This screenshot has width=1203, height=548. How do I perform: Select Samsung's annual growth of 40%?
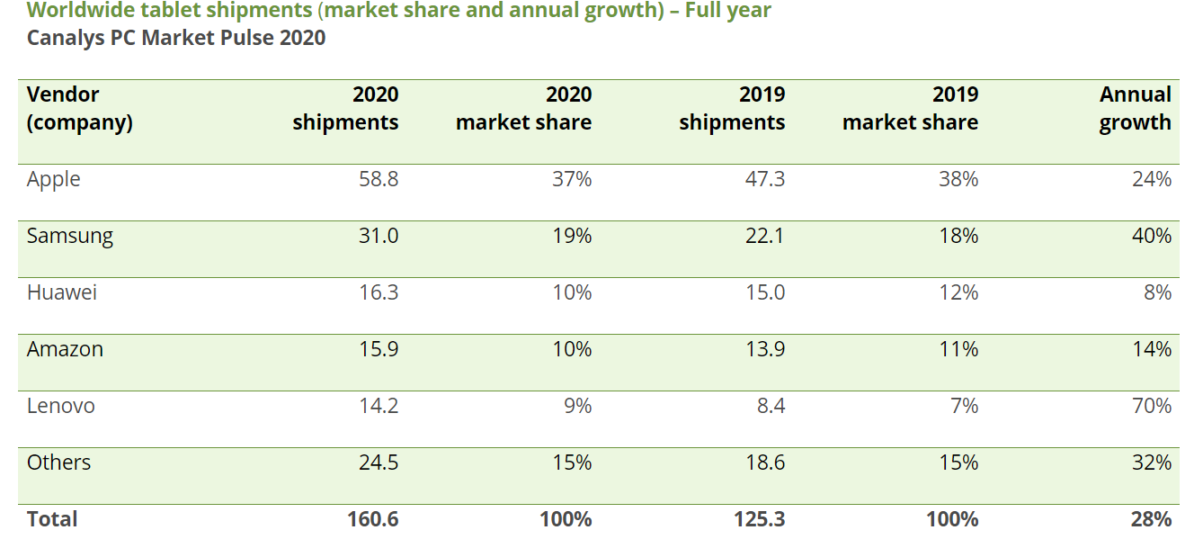pos(1152,237)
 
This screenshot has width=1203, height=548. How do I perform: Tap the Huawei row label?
pos(62,293)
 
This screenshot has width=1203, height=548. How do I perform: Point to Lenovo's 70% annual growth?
pos(1152,407)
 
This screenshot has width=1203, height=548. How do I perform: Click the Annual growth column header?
pos(1135,109)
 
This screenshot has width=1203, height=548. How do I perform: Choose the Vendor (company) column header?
pos(79,109)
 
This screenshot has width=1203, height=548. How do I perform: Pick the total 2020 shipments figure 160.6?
pos(373,520)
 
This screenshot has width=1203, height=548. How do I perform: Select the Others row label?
pos(58,463)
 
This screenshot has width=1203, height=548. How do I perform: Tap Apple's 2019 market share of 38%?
pos(958,180)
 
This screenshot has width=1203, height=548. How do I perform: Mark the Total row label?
pos(52,520)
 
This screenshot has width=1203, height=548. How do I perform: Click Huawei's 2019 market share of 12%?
pos(958,293)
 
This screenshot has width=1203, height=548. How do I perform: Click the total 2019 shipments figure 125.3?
pos(760,520)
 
